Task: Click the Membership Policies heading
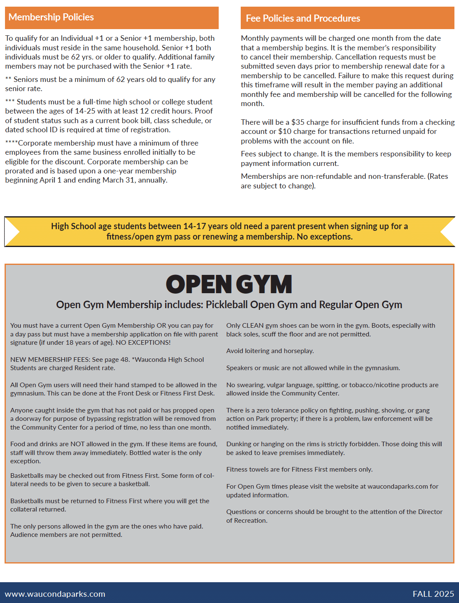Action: [x=51, y=17]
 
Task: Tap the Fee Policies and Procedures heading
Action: [x=303, y=18]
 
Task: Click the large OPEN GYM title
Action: [x=229, y=284]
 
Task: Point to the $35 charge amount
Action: [x=298, y=122]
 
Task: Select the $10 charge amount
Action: [x=285, y=131]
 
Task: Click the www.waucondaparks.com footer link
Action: [x=55, y=594]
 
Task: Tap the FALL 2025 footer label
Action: [x=433, y=594]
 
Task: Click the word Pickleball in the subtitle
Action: [x=227, y=305]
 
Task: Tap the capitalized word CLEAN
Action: [x=253, y=326]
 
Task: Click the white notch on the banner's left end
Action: [x=11, y=232]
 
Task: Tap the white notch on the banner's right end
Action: [x=449, y=232]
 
